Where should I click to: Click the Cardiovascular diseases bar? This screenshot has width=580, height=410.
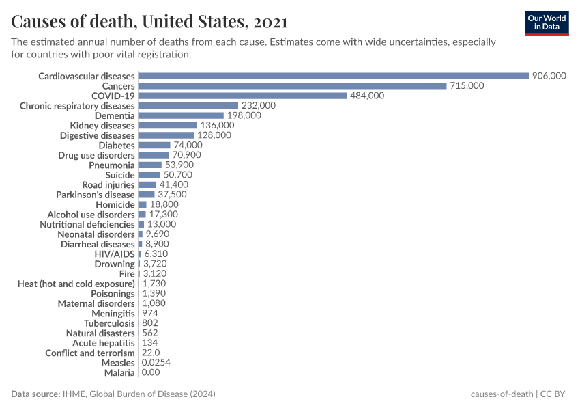(x=333, y=76)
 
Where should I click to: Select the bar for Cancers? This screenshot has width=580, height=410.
(x=292, y=86)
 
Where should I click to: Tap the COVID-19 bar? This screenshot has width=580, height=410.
(x=242, y=96)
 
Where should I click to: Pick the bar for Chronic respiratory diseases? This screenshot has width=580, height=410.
(x=188, y=106)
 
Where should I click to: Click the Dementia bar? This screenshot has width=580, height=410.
(x=181, y=115)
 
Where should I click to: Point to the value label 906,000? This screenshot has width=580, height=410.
(x=549, y=76)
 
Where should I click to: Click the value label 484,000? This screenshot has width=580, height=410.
(x=367, y=96)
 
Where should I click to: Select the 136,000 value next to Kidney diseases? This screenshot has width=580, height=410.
(x=217, y=126)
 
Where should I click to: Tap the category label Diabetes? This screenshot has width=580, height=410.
(x=117, y=146)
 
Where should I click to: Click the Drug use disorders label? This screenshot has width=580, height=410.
(x=96, y=155)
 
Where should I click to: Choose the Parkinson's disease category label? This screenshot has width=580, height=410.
(x=96, y=195)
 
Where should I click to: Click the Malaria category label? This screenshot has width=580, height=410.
(x=119, y=372)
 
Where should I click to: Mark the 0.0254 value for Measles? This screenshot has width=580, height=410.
(x=156, y=363)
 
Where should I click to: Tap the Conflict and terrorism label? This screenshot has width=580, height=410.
(x=90, y=353)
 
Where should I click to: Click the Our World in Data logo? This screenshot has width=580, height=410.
(x=547, y=23)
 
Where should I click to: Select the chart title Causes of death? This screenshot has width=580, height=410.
(x=149, y=22)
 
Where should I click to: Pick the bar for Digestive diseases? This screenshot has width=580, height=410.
(x=166, y=135)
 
